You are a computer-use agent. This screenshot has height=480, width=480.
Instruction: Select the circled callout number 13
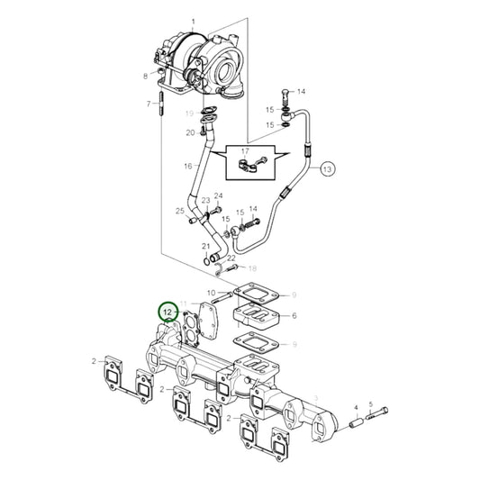pos(327,168)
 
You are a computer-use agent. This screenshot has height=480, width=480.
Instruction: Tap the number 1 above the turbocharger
pos(192,21)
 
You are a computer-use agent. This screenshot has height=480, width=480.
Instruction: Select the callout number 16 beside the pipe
pos(187,167)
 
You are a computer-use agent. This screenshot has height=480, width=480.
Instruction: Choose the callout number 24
pos(218,196)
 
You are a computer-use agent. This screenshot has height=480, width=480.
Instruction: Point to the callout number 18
pos(252,268)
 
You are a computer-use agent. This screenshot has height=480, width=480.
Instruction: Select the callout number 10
pos(212,293)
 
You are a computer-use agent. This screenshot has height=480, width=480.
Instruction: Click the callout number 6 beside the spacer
pos(294,316)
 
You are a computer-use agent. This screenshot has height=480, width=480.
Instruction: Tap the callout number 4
pos(357,406)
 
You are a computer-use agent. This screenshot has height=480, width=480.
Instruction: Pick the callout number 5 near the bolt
pos(371,406)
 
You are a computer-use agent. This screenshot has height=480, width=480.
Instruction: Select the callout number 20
pos(190,132)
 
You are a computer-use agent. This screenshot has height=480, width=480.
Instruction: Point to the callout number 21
pos(206,246)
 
